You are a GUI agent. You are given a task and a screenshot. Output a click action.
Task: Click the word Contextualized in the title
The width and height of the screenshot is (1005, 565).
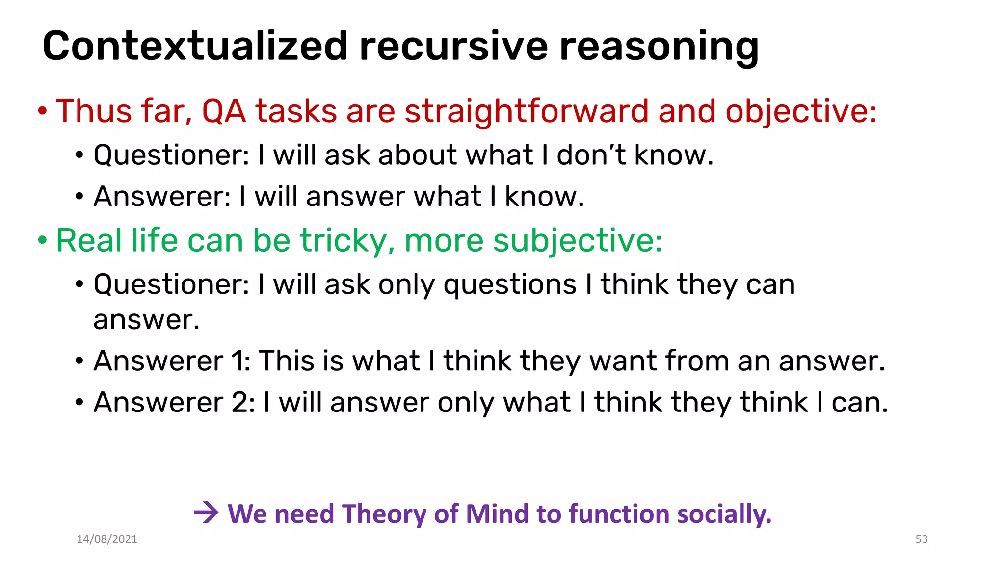[195, 46]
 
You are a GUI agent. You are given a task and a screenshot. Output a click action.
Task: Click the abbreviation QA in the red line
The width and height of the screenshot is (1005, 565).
[224, 111]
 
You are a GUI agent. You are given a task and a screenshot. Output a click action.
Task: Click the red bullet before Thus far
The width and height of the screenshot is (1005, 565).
[43, 112]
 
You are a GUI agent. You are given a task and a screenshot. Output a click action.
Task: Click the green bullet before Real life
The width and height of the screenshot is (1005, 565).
[43, 241]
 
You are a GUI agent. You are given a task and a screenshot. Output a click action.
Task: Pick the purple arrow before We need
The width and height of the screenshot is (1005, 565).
[206, 514]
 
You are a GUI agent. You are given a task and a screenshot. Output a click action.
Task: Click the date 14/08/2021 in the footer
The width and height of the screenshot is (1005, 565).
[107, 539]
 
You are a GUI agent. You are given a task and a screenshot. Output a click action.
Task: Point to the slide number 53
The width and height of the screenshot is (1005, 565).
[921, 539]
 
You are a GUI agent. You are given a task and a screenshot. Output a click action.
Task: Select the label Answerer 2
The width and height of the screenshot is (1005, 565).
[174, 403]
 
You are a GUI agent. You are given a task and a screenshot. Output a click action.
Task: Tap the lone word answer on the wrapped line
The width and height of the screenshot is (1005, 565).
[146, 320]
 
